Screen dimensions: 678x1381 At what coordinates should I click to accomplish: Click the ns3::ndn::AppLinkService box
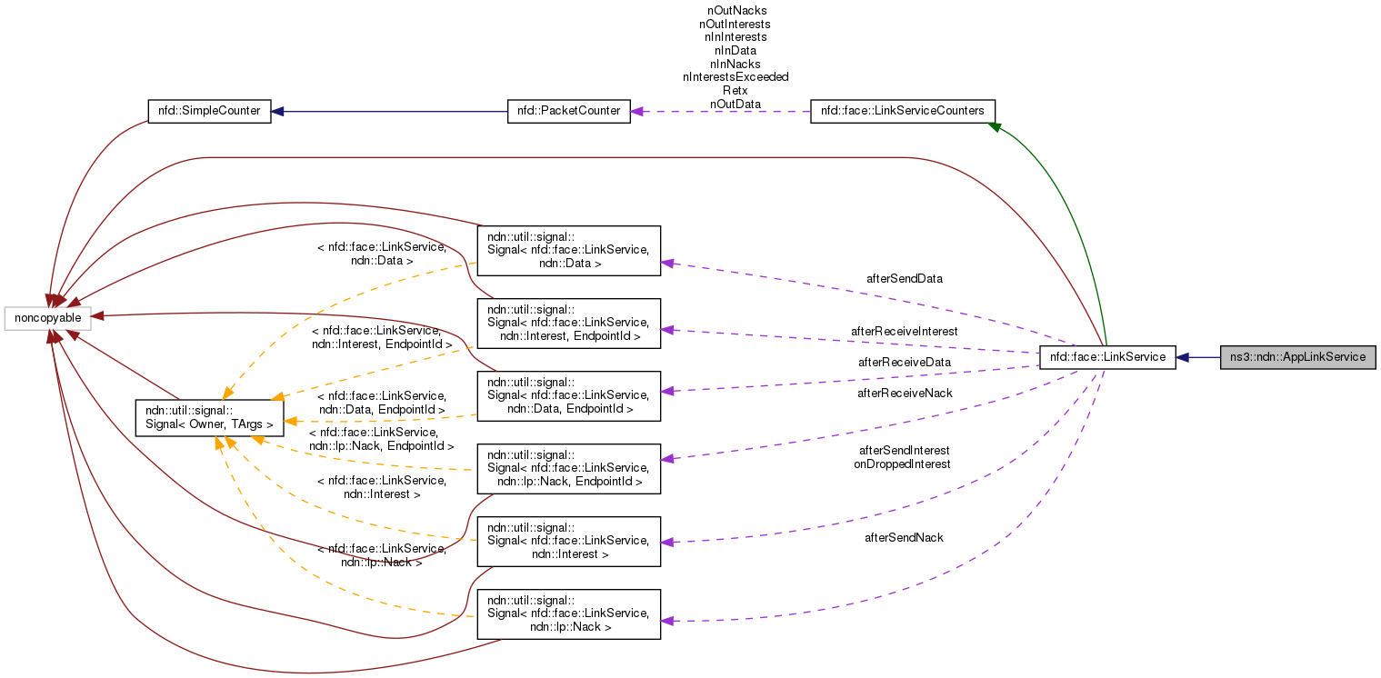1297,357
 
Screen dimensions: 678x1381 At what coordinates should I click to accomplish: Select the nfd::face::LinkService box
1107,357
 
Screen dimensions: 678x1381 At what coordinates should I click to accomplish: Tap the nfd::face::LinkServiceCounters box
902,111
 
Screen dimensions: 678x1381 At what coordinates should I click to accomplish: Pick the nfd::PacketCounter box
568,111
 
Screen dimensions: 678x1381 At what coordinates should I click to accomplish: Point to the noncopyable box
47,318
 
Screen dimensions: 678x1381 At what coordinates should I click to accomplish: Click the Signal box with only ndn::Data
568,251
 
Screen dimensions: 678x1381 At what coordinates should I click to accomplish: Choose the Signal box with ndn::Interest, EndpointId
568,324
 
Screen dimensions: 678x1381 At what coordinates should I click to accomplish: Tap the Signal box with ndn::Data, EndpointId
568,396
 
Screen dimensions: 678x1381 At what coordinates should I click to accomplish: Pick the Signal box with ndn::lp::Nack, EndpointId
568,469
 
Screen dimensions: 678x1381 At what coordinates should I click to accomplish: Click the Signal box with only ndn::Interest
568,542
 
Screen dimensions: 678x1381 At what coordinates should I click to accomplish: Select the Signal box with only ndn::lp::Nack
568,614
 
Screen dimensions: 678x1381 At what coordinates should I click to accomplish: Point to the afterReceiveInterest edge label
904,331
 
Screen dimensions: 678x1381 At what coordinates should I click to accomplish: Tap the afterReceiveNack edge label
904,393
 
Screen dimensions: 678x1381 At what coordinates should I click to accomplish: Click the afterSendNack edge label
904,537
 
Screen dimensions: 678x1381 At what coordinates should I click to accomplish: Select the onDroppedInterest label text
902,464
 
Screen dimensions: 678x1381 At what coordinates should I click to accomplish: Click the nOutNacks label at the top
736,10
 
